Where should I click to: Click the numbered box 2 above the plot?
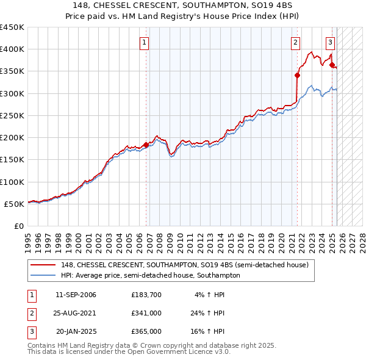point(295,43)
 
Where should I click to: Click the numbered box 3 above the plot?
point(330,43)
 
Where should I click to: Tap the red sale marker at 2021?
point(298,76)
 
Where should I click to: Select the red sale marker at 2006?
point(146,145)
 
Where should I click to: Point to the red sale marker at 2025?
point(332,65)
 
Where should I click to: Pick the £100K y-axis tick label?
point(12,182)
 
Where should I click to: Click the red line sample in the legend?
point(43,265)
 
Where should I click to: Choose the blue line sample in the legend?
point(43,275)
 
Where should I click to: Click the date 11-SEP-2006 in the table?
point(76,295)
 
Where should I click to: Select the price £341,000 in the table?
point(146,313)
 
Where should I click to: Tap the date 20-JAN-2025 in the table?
point(76,331)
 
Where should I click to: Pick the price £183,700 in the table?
point(146,295)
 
